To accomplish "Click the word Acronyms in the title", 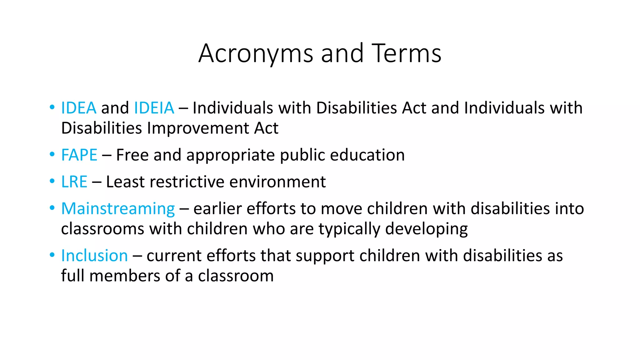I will (255, 54).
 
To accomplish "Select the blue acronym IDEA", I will (79, 108).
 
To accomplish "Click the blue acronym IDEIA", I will (154, 108).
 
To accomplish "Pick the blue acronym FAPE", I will (79, 155).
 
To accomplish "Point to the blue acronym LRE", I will (74, 182).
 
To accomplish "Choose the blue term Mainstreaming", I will (118, 209).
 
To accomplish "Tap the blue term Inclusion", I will (94, 256).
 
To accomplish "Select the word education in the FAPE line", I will (367, 155).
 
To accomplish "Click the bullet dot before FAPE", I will (52, 155).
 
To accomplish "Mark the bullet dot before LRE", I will (52, 181).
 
